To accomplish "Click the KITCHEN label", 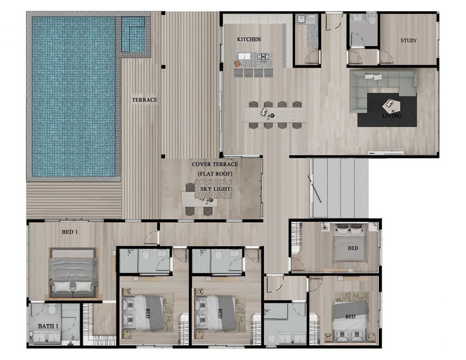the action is click(249, 39).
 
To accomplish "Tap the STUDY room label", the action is click(409, 40).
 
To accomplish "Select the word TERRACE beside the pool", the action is click(145, 100).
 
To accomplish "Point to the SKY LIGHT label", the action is click(216, 189).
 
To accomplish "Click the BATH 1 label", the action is click(48, 326).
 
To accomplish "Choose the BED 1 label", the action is click(70, 232).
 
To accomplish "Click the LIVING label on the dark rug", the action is click(392, 115).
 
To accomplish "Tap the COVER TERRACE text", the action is click(215, 164).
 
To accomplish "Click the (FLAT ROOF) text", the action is click(215, 174).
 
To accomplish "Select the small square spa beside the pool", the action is click(133, 34).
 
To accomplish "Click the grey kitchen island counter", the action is click(253, 60).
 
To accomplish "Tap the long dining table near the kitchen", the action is click(275, 115).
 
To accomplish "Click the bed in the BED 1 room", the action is click(73, 273).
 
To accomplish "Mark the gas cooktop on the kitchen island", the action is click(263, 56).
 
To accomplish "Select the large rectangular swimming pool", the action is click(73, 97).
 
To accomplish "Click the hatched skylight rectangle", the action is click(213, 189).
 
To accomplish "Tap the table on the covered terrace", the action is click(199, 199).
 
